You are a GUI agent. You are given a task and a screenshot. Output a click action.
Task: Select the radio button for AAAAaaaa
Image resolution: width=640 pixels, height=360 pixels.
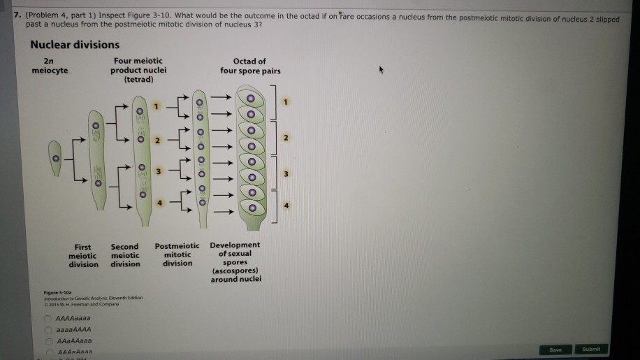pyautogui.click(x=50, y=317)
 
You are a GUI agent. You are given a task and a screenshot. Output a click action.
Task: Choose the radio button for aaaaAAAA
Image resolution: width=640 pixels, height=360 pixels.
pyautogui.click(x=50, y=329)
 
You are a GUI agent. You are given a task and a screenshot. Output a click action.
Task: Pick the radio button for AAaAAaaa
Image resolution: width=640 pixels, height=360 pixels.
pyautogui.click(x=50, y=340)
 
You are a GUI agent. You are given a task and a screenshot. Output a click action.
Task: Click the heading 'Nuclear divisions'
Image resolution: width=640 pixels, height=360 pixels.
pyautogui.click(x=75, y=45)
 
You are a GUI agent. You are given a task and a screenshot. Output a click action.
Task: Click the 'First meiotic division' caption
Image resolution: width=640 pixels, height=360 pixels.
pyautogui.click(x=83, y=255)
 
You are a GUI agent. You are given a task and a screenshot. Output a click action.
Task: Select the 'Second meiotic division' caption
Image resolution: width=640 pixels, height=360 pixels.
pyautogui.click(x=125, y=255)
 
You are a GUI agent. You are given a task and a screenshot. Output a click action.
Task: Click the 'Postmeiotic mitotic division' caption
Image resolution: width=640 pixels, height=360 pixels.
pyautogui.click(x=177, y=254)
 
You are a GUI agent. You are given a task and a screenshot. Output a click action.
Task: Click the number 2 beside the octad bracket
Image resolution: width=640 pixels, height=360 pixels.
pyautogui.click(x=285, y=137)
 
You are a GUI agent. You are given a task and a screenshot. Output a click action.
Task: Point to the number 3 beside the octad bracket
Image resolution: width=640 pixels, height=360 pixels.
pyautogui.click(x=285, y=173)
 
